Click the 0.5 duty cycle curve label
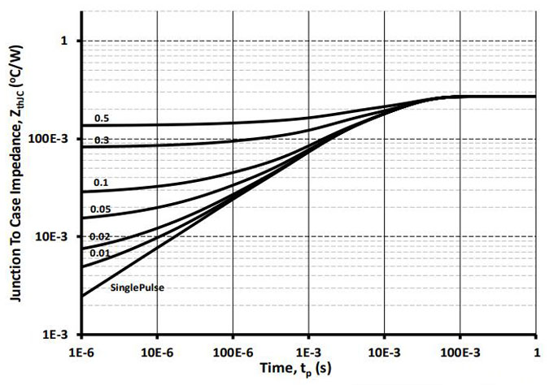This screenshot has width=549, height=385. (x=102, y=119)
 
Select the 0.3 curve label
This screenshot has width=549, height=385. (x=102, y=141)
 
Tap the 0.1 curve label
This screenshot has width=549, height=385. (x=102, y=183)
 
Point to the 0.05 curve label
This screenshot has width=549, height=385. (x=102, y=209)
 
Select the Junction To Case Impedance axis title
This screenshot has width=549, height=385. (x=18, y=187)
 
